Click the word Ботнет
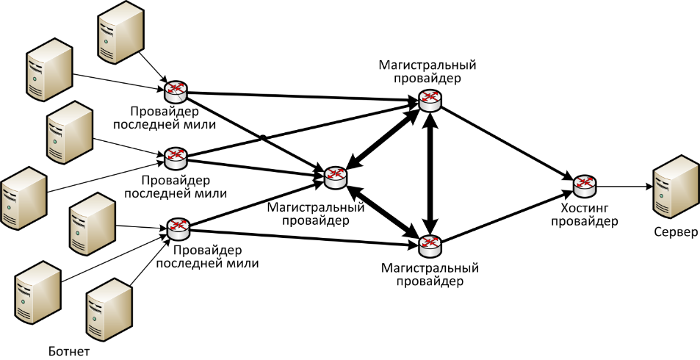tap(68, 350)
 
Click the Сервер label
tap(676, 232)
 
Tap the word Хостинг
tap(583, 208)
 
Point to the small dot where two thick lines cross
tap(264, 137)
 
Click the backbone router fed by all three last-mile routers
tap(336, 177)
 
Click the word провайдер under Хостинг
tap(584, 221)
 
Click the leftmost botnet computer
tap(24, 198)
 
